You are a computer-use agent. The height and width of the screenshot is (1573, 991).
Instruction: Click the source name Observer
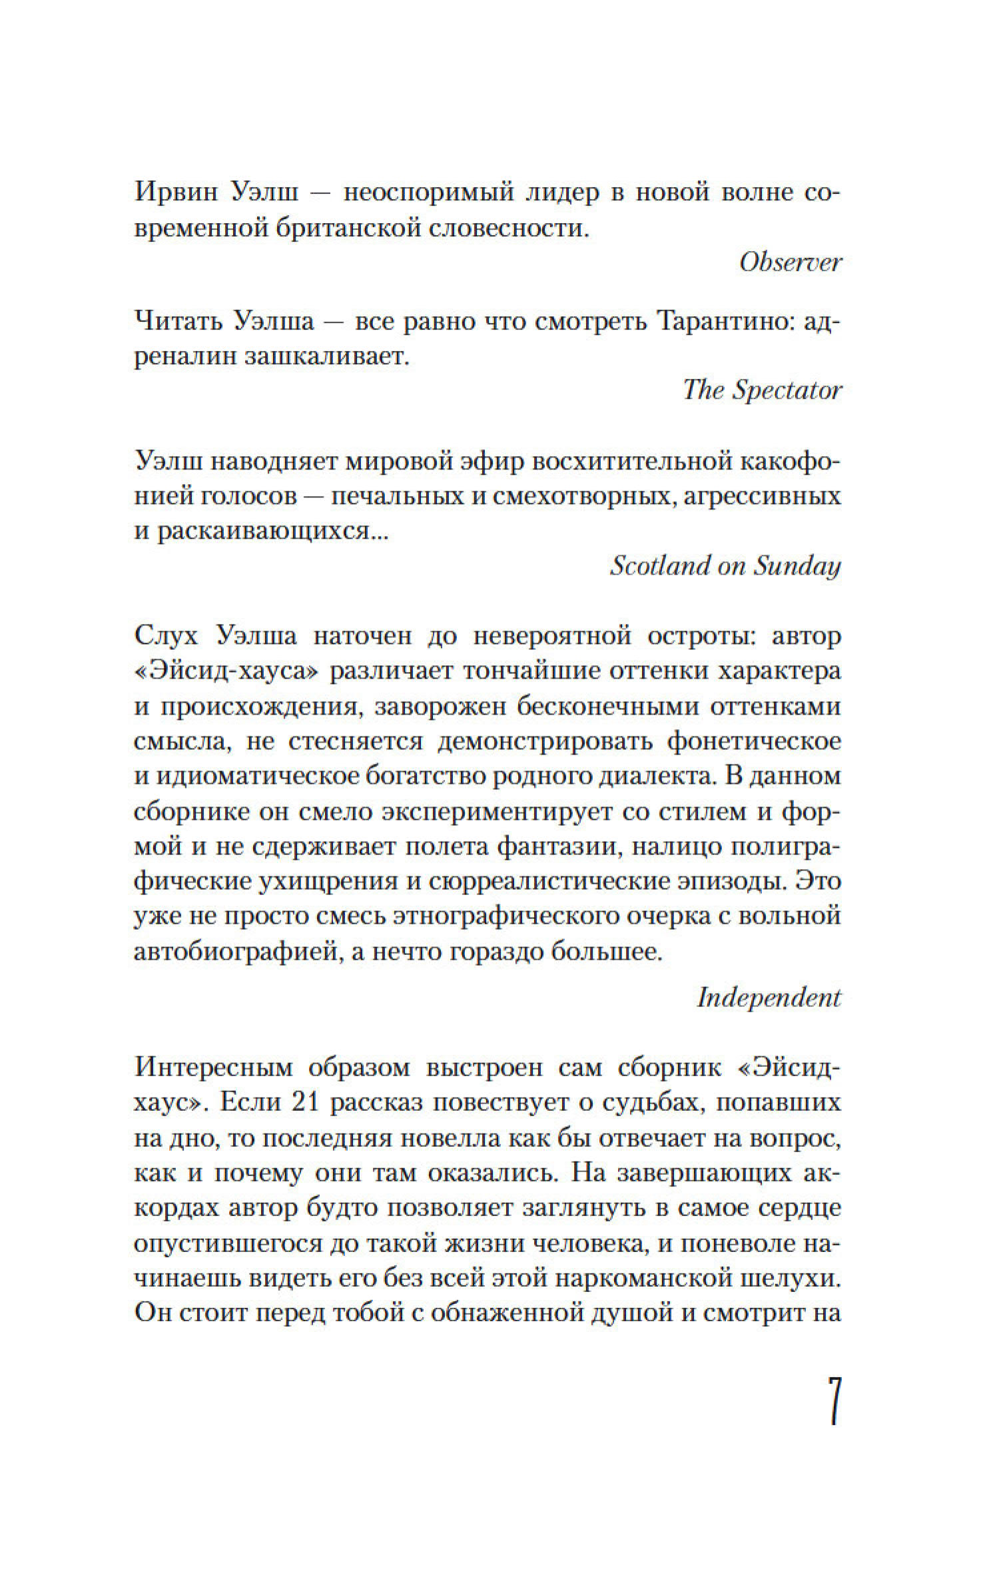tap(791, 262)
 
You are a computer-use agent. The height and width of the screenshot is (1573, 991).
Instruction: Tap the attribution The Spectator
tap(763, 390)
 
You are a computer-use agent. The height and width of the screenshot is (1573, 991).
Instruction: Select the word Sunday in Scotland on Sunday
tap(797, 566)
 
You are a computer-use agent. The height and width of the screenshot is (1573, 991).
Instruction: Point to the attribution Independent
tap(769, 998)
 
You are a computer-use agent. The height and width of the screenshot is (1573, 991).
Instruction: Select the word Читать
tap(173, 322)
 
